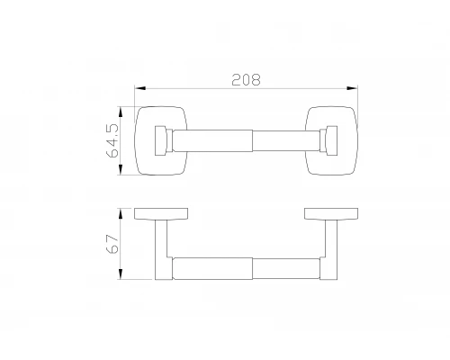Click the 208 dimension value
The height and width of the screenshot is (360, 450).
click(246, 80)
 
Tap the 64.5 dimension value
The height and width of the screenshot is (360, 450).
click(112, 140)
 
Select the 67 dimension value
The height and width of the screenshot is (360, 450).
click(112, 244)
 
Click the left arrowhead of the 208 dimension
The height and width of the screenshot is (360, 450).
click(140, 88)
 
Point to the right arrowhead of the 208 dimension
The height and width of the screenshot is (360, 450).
click(352, 88)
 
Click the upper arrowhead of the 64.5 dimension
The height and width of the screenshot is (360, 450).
click(121, 112)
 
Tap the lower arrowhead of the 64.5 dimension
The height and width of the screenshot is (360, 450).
click(121, 169)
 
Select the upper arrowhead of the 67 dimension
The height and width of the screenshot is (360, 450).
click(121, 213)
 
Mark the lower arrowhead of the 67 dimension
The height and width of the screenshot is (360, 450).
click(121, 274)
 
